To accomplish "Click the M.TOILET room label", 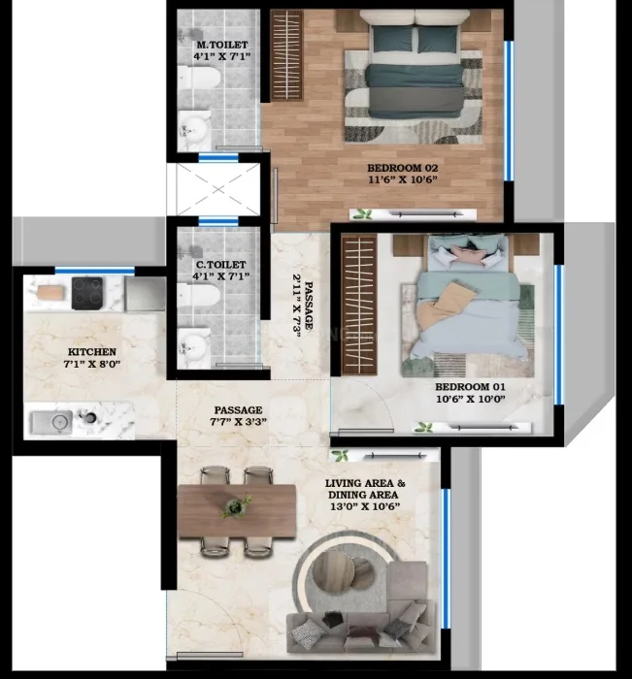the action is coord(222,45).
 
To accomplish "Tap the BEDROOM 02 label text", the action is coord(403,168).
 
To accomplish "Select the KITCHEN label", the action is coord(92,351).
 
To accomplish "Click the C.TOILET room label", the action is coord(221,265).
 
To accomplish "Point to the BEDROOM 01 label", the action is coord(470,387).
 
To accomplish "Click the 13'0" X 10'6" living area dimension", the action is coord(365,506).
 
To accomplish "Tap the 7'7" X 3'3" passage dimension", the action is coord(239,421).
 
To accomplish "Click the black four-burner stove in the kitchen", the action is coord(87,293).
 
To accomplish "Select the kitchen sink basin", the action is coord(51,422).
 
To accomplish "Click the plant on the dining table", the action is coord(235,506).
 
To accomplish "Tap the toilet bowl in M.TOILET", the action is coord(199,78).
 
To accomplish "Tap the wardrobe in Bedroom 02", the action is coord(286,55).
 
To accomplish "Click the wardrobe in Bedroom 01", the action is coord(359,305).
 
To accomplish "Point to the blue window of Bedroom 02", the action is coord(509,111).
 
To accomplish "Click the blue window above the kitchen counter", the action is coord(94,271).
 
